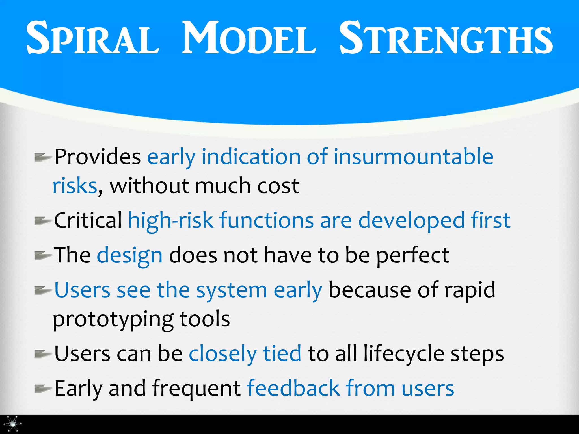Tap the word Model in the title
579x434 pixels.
249,38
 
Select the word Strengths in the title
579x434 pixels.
446,38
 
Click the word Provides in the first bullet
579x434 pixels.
98,157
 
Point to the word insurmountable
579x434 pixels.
413,157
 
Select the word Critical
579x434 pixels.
88,220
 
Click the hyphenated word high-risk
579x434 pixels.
171,220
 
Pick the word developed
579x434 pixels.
411,220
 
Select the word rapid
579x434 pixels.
470,290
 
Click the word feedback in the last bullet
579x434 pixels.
293,388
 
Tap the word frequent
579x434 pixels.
196,389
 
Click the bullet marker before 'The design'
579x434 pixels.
42,256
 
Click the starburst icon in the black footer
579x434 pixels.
13,424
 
